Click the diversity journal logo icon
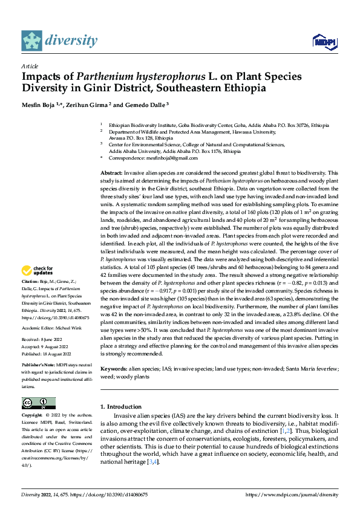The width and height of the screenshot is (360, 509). point(32,41)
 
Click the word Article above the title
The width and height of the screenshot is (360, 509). point(30,66)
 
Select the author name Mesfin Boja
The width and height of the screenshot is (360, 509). point(45,105)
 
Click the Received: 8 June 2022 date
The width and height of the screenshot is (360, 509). point(45,340)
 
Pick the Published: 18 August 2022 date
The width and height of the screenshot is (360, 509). point(50,354)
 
